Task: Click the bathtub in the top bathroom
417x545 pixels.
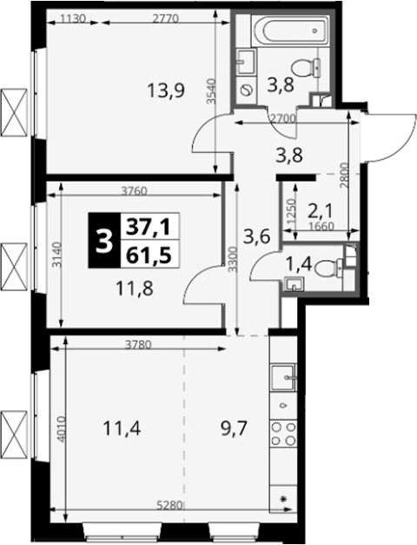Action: click(289, 30)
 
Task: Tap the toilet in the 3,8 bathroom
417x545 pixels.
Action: click(307, 68)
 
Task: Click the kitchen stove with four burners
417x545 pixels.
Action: click(283, 433)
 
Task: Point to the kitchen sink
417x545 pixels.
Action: click(283, 378)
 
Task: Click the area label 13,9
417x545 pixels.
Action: click(165, 91)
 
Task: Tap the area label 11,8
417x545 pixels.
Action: click(135, 289)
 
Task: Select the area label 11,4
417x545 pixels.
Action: click(122, 429)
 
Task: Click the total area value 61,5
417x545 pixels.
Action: click(149, 256)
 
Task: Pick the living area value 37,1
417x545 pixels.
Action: click(149, 228)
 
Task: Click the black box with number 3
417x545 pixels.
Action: click(104, 240)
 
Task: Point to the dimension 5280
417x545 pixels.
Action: click(169, 505)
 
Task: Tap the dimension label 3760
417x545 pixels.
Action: click(135, 191)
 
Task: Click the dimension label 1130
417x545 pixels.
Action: click(73, 18)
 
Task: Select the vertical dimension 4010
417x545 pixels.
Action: click(61, 429)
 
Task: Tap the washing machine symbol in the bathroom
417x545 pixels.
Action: click(247, 90)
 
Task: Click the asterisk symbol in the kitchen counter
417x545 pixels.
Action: click(283, 500)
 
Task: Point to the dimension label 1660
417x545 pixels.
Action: click(321, 227)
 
